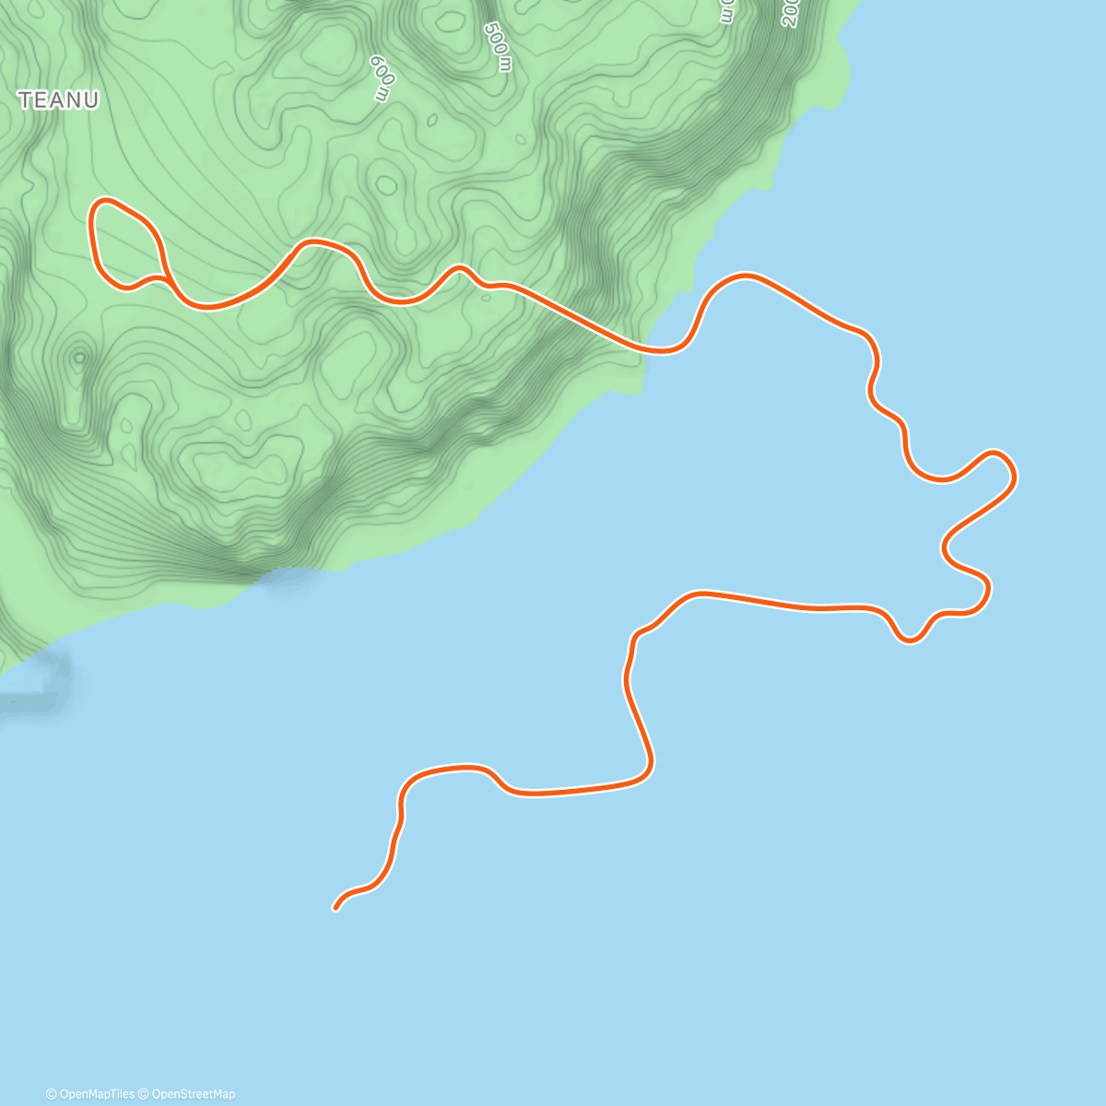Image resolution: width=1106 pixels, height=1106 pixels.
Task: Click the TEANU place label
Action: tap(58, 100)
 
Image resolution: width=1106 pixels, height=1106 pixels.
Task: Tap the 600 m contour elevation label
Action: tap(382, 77)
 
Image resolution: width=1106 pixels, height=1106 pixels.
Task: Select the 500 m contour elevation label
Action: tap(498, 46)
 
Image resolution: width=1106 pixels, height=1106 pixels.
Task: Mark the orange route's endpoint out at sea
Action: tap(335, 909)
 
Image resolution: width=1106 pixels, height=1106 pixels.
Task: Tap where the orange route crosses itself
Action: tap(167, 277)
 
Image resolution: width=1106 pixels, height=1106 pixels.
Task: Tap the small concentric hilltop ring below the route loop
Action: tap(79, 357)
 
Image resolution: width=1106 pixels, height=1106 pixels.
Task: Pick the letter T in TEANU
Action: tap(25, 100)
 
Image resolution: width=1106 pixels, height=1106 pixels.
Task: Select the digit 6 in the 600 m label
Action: tap(376, 64)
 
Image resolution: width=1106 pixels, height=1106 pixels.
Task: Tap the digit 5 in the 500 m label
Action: tap(491, 29)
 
